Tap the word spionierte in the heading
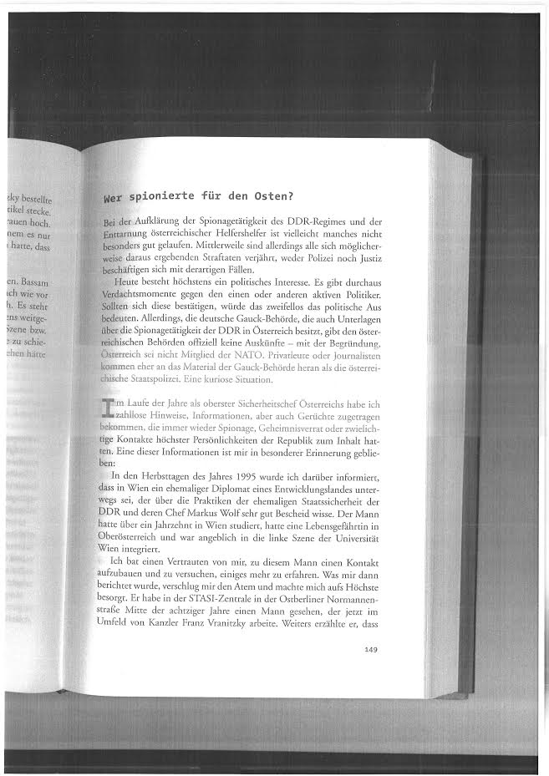pos(166,198)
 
